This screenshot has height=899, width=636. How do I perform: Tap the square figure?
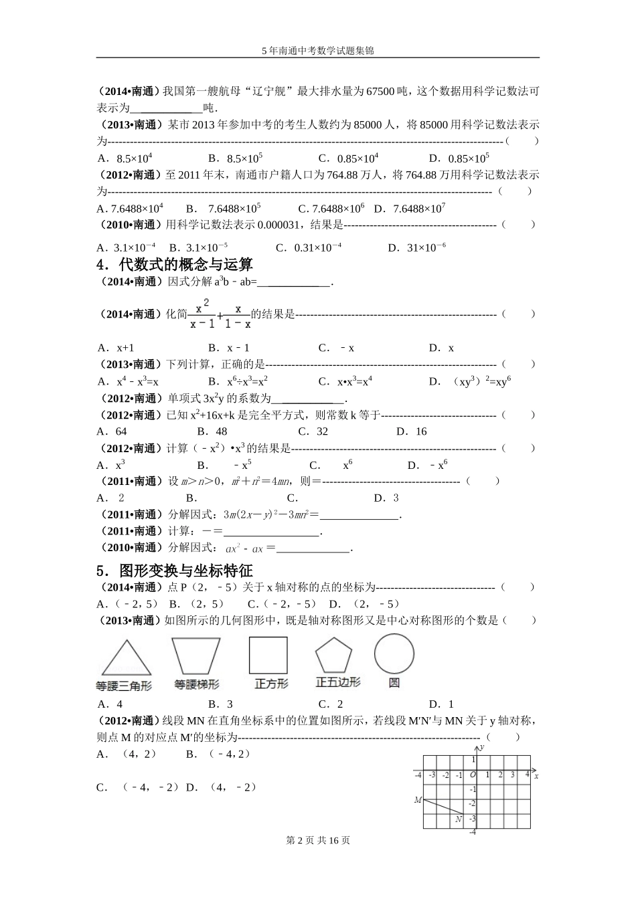(268, 655)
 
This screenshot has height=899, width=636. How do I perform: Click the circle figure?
(394, 654)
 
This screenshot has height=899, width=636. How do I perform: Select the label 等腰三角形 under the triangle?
(124, 686)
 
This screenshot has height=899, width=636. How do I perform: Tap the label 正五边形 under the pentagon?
(338, 682)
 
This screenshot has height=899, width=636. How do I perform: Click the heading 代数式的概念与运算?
(185, 265)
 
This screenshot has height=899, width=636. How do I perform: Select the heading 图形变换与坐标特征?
(185, 571)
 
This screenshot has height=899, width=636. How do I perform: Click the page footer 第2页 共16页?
(318, 840)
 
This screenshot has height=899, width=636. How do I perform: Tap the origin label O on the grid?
(472, 775)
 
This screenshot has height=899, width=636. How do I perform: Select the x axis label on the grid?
(536, 776)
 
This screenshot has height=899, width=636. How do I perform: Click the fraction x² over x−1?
(202, 314)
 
